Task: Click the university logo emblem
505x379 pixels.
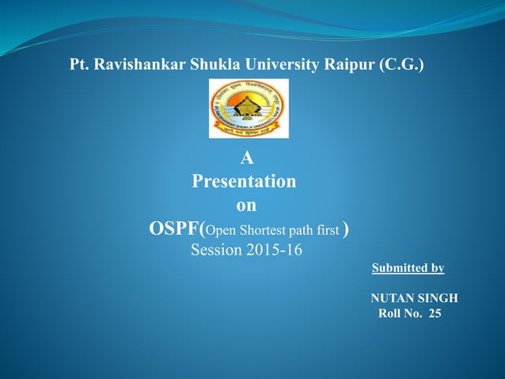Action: [248, 109]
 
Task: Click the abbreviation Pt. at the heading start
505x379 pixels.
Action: [80, 64]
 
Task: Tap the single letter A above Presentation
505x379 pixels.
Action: [246, 158]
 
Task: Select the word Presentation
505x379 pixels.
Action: [245, 182]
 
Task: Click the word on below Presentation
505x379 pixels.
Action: [246, 205]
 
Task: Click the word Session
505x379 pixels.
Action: [218, 251]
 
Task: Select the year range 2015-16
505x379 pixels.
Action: [275, 251]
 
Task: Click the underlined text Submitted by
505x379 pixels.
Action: [408, 268]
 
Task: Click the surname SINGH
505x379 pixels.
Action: [440, 298]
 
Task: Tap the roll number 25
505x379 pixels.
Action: [435, 314]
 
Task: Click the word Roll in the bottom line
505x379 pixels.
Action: [391, 314]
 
